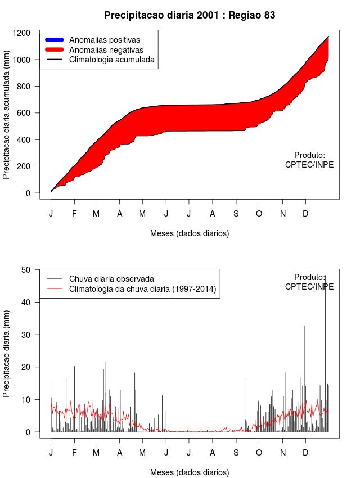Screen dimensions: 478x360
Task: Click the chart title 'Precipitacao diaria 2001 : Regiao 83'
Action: click(190, 15)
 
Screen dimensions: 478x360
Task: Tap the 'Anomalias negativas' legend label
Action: click(106, 50)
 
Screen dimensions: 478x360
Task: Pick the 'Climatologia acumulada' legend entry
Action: click(111, 60)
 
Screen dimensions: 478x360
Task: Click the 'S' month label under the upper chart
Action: click(236, 214)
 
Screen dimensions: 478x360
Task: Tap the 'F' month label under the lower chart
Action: click(74, 453)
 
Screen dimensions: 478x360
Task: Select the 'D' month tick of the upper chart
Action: click(305, 214)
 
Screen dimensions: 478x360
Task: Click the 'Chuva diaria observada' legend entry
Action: click(111, 279)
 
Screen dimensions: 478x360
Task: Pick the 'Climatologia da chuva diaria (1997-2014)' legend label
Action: click(142, 289)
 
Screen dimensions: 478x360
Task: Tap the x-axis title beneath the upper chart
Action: click(190, 233)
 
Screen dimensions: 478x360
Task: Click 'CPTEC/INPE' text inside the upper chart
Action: click(309, 165)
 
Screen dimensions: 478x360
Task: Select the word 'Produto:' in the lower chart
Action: click(309, 277)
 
